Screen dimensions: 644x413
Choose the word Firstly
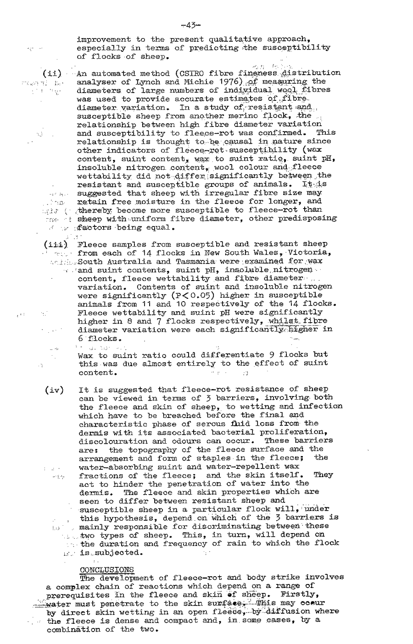pyautogui.click(x=303, y=594)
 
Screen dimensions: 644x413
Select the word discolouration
pyautogui.click(x=109, y=440)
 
